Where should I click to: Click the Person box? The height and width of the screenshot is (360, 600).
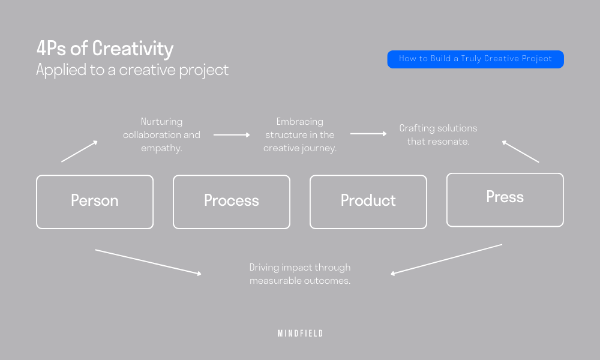click(95, 202)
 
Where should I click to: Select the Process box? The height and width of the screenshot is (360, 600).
click(232, 202)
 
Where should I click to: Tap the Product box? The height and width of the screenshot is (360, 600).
click(368, 202)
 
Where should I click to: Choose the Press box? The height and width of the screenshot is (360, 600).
click(505, 199)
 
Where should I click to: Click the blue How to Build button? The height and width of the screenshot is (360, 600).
click(475, 59)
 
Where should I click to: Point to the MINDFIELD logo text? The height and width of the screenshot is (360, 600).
click(300, 334)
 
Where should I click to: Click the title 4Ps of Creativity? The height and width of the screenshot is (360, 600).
click(104, 49)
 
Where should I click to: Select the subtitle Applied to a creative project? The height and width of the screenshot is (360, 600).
click(132, 70)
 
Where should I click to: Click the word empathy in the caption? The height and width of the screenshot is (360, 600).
click(161, 148)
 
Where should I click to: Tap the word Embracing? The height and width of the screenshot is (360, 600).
click(299, 121)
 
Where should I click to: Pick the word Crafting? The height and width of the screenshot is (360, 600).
click(417, 128)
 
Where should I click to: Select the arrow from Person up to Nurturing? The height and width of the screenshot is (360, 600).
click(79, 152)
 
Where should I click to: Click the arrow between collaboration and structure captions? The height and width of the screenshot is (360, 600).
click(232, 135)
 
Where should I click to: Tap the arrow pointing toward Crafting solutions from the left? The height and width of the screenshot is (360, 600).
click(368, 134)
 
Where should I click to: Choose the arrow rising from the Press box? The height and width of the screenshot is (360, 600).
click(520, 152)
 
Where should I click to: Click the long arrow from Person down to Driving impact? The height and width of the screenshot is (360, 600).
click(148, 262)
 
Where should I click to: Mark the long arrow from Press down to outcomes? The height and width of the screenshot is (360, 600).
click(446, 259)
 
